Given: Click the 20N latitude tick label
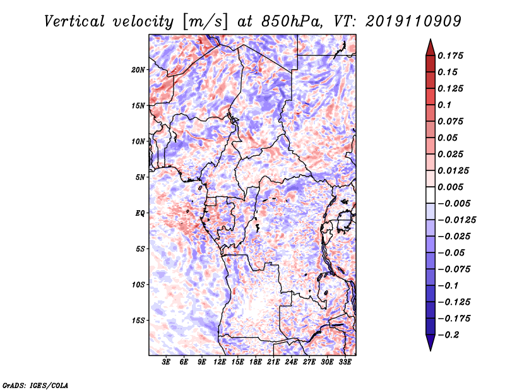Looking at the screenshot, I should click(x=139, y=69).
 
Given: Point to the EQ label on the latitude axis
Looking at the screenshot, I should click(x=141, y=213).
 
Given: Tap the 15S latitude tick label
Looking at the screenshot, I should click(x=139, y=321).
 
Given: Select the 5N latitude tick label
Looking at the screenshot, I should click(x=141, y=177).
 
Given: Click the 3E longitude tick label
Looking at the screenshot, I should click(x=167, y=362).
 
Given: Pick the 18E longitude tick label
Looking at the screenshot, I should click(x=256, y=362).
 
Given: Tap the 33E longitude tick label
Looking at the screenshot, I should click(x=345, y=362).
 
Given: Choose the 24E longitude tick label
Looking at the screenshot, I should click(x=291, y=362).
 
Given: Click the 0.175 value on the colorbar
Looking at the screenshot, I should click(x=451, y=56).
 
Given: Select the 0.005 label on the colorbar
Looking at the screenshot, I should click(x=451, y=187).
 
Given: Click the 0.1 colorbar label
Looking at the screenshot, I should click(x=446, y=105).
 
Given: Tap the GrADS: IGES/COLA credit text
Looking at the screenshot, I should click(x=35, y=384).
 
